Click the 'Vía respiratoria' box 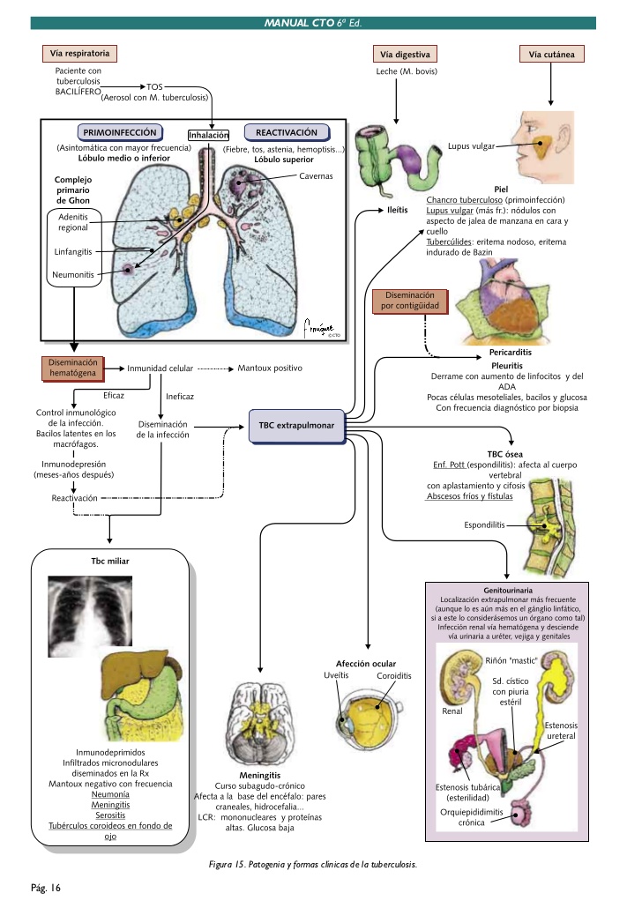(79, 53)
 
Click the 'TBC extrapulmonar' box (296, 425)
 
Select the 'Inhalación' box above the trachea (209, 135)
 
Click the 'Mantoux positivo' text (270, 368)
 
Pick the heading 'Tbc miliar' (109, 561)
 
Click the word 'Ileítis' (397, 211)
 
